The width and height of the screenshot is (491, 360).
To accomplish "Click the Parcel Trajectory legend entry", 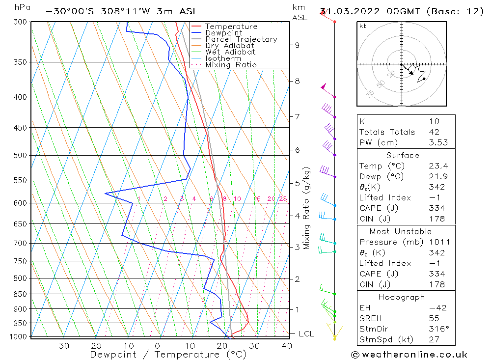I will click(x=241, y=39).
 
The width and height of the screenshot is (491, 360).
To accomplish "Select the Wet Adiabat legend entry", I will click(x=230, y=52).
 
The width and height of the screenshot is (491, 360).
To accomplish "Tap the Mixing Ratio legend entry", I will click(x=231, y=65).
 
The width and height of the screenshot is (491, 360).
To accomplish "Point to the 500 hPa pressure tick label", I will click(x=21, y=156).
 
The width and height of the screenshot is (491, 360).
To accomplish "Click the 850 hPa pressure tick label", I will click(x=21, y=294).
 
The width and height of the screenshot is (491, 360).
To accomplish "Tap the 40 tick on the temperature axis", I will click(x=287, y=346).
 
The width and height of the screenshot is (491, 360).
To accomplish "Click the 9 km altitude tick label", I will click(x=297, y=45).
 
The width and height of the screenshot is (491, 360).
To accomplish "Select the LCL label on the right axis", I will click(x=306, y=334).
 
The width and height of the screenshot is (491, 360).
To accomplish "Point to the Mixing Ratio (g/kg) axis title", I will click(x=306, y=208).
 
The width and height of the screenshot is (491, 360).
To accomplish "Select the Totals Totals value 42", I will click(x=434, y=132).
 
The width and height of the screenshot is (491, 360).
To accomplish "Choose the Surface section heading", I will click(x=403, y=156).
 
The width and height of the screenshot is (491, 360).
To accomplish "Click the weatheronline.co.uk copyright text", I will click(x=409, y=355).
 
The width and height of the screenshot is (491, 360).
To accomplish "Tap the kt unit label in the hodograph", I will click(x=363, y=26).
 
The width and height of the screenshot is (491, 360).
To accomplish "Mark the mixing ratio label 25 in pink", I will click(x=283, y=199).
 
